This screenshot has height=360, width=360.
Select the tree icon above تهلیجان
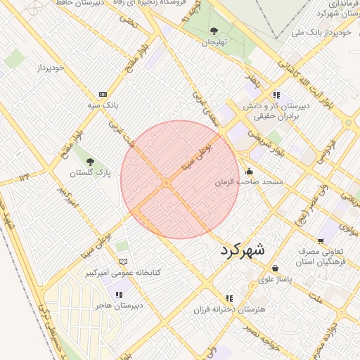click(x=214, y=31)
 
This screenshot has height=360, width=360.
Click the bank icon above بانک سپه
click(x=103, y=94)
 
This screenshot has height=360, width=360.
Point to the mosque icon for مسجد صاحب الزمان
click(x=249, y=171)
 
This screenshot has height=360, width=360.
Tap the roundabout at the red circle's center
click(x=166, y=183)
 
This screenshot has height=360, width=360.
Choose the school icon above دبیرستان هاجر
click(x=118, y=295)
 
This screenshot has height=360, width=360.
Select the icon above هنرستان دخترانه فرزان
click(x=229, y=298)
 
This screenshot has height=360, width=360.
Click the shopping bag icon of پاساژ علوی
click(x=275, y=268)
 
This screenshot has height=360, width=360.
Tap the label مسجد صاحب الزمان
click(x=249, y=182)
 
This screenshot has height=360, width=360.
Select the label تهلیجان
click(x=216, y=43)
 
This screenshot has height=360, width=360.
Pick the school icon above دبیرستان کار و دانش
click(x=276, y=94)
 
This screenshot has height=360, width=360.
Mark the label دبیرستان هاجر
click(x=119, y=306)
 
